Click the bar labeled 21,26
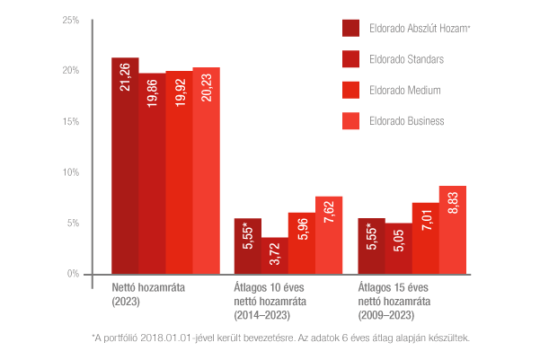[x=125, y=165]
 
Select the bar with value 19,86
[x=152, y=173]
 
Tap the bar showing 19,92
[x=179, y=172]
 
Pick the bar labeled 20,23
[x=206, y=171]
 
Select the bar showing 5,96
[x=302, y=243]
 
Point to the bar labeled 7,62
[x=329, y=234]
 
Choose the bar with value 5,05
[x=398, y=249]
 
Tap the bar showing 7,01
[x=425, y=238]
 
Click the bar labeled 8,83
[x=452, y=229]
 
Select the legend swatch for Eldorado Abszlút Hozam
[x=351, y=29]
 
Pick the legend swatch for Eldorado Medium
[x=351, y=90]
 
